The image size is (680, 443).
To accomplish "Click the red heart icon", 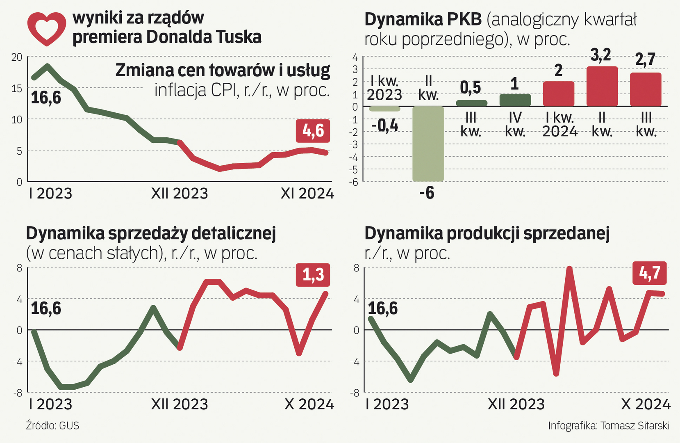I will [46, 28].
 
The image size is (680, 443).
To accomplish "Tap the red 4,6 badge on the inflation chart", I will [313, 131].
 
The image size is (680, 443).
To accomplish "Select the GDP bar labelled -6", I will [428, 144].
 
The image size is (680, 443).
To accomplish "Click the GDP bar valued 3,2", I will [602, 87].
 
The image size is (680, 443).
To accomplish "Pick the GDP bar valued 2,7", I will [646, 90].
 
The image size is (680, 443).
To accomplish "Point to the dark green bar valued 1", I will [515, 100].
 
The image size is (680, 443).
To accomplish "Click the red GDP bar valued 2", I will [558, 94].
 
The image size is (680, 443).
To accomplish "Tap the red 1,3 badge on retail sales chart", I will [313, 275].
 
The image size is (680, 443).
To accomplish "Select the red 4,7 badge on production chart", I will [650, 273].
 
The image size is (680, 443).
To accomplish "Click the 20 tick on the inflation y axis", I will [17, 57].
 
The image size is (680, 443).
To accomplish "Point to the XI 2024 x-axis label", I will [307, 194].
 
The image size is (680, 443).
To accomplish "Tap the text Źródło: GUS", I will [52, 425].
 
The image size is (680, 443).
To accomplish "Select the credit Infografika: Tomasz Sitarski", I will [609, 425].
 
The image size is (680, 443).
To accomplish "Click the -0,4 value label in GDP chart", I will [384, 126].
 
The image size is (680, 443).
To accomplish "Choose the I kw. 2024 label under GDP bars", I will [559, 125].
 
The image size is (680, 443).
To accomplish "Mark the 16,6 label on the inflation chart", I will [46, 98].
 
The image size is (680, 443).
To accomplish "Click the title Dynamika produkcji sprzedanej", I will [487, 233].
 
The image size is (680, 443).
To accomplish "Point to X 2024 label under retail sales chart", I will [309, 404].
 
